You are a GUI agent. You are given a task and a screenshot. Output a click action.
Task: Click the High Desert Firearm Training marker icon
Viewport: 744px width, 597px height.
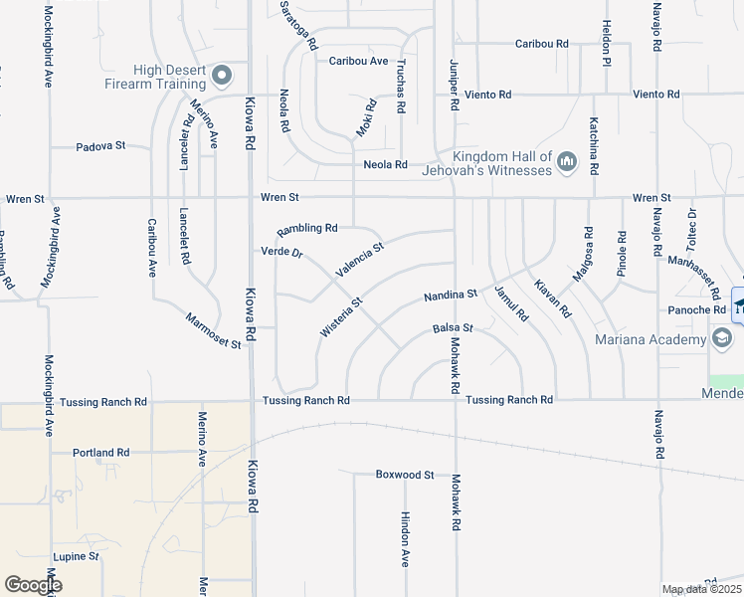222,75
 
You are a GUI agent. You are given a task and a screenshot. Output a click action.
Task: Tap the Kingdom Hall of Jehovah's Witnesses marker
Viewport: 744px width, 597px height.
567,161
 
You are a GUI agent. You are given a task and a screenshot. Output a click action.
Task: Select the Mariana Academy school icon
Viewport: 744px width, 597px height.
722,339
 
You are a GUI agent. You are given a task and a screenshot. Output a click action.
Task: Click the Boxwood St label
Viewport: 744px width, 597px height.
405,475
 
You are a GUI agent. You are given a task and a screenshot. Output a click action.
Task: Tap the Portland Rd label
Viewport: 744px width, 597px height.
101,452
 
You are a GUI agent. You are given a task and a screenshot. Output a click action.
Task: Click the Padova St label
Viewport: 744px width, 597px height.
100,146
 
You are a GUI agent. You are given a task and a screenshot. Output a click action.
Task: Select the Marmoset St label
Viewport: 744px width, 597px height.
214,330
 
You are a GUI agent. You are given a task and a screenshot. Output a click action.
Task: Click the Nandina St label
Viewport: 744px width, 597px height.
451,296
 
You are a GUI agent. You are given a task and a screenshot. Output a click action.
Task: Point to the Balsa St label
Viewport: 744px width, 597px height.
452,327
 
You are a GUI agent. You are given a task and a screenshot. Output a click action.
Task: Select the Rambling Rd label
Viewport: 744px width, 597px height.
307,228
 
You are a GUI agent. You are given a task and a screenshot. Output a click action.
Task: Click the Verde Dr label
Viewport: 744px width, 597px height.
281,251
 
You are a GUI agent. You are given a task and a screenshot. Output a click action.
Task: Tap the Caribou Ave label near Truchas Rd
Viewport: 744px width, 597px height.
358,61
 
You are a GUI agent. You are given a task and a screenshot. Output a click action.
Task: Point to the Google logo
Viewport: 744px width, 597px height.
33,585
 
